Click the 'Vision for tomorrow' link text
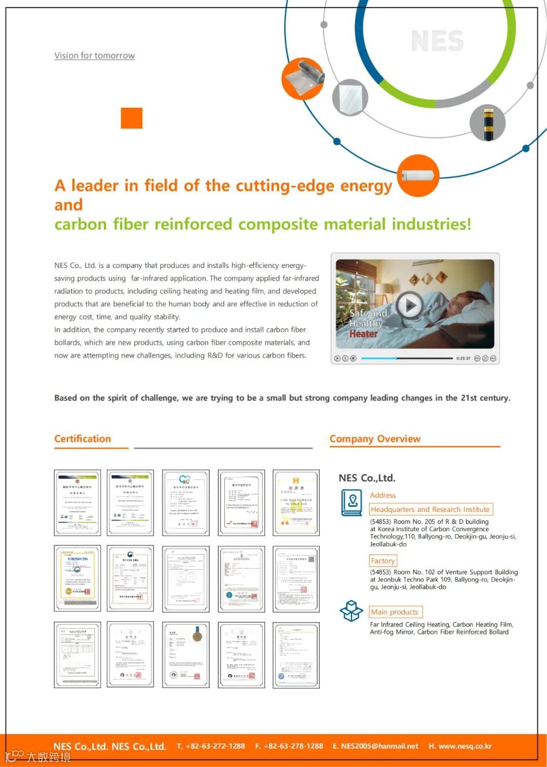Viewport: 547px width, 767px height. (x=94, y=56)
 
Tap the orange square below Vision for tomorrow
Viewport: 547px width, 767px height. (x=132, y=118)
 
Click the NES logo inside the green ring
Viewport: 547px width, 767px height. (x=437, y=41)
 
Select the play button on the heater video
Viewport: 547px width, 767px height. (x=409, y=305)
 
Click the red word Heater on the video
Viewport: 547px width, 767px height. (x=363, y=334)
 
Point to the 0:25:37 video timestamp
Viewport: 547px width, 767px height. (x=463, y=358)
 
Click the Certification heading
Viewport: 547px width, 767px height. (x=83, y=439)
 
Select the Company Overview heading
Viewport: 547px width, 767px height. (x=375, y=439)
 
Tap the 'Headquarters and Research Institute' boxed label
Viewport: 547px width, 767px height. (x=431, y=509)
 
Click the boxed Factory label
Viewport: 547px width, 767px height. (x=383, y=561)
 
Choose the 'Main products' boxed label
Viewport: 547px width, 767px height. (x=395, y=612)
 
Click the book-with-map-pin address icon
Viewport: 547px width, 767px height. (x=352, y=502)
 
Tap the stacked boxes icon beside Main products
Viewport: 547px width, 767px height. (x=351, y=611)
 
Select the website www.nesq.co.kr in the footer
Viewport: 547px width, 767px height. (x=464, y=746)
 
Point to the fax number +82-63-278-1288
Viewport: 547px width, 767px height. (x=293, y=746)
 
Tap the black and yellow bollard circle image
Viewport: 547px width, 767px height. (x=487, y=123)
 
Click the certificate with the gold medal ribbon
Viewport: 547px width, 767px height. (x=186, y=655)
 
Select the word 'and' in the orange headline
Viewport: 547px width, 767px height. (x=68, y=205)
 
